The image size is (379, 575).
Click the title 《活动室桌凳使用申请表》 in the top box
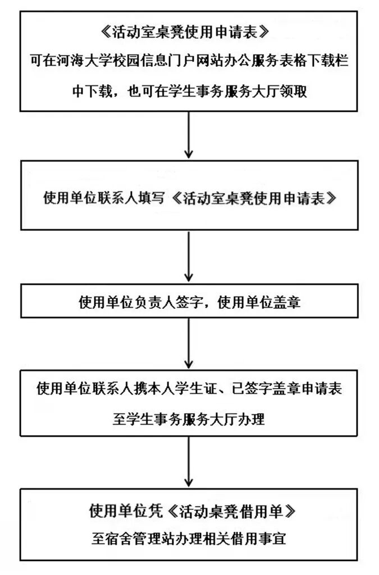click(x=189, y=33)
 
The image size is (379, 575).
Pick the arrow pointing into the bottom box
click(x=189, y=462)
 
